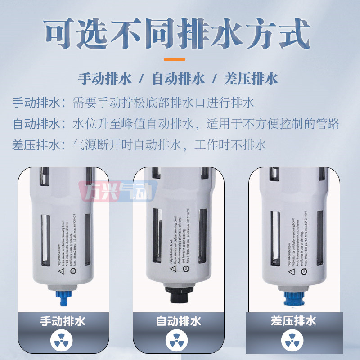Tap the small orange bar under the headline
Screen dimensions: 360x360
click(x=174, y=59)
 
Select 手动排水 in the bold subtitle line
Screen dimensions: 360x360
click(x=105, y=79)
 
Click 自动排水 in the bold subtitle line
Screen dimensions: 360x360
click(x=179, y=79)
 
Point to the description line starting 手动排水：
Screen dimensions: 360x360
click(x=133, y=103)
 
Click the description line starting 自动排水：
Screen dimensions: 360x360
click(x=175, y=124)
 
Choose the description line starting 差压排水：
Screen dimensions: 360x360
click(x=139, y=145)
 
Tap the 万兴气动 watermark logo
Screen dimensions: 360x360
click(x=118, y=191)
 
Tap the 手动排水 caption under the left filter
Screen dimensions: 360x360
click(x=63, y=321)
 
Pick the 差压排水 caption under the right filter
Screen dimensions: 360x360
click(x=294, y=321)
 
